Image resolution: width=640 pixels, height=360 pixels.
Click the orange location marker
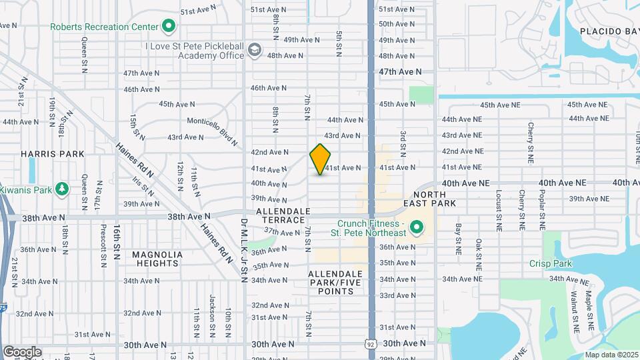[321, 159]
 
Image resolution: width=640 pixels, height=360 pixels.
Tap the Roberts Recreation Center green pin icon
[169, 27]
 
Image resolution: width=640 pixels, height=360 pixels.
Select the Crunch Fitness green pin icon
[417, 228]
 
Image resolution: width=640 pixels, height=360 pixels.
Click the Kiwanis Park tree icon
[62, 190]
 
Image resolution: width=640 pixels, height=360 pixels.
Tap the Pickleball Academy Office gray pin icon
[254, 50]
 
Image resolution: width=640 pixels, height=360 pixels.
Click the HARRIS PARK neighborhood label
[53, 154]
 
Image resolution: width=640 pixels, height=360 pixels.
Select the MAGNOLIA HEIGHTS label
[157, 259]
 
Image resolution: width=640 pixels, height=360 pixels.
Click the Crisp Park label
[551, 264]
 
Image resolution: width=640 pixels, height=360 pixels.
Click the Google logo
[22, 351]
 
